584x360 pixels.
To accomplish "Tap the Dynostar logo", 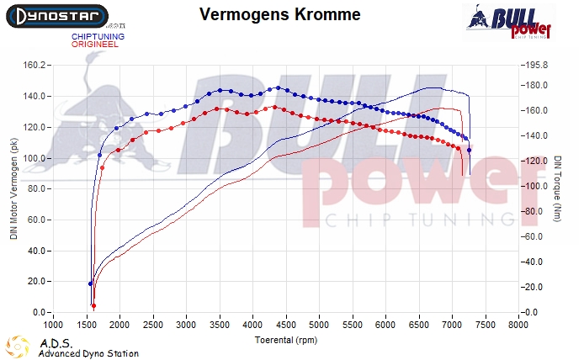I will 56,15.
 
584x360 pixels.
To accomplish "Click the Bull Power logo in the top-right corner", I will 508,20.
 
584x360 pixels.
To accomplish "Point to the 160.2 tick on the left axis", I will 34,65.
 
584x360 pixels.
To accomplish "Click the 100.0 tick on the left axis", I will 34,158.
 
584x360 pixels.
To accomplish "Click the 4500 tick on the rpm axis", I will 286,324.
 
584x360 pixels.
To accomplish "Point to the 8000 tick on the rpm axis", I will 518,324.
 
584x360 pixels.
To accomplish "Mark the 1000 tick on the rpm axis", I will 53,324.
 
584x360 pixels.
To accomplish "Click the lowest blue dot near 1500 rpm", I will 90,283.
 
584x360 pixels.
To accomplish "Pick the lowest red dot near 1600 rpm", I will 93,305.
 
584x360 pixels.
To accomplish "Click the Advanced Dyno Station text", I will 88,353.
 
